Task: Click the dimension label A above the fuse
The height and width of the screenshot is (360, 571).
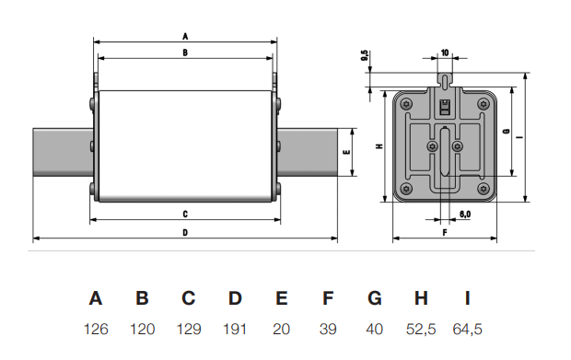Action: [x=185, y=35]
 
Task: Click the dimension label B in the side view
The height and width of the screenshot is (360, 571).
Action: [x=185, y=53]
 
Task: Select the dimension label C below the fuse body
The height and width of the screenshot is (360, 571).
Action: [x=185, y=214]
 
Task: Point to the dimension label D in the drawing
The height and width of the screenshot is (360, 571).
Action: [x=185, y=232]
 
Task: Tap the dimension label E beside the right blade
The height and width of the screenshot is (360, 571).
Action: [x=346, y=151]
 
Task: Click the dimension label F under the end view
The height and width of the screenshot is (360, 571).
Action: [x=444, y=233]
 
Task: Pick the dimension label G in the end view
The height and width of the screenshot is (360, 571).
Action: [x=506, y=133]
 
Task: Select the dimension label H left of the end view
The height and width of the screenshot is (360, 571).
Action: [x=379, y=146]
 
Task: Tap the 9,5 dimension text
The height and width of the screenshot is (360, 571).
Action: [x=365, y=56]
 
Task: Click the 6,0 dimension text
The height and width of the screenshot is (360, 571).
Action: [x=465, y=214]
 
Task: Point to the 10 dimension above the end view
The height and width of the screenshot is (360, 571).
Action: [x=445, y=52]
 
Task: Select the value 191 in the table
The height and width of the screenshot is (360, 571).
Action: [x=235, y=328]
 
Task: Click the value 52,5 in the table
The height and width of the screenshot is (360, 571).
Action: [x=421, y=328]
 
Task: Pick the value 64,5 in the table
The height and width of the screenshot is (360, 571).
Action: [x=468, y=328]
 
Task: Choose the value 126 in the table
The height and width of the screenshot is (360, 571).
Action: [x=96, y=328]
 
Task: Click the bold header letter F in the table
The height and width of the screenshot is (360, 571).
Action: [x=328, y=298]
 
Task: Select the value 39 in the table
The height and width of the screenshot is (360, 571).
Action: [x=328, y=328]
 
